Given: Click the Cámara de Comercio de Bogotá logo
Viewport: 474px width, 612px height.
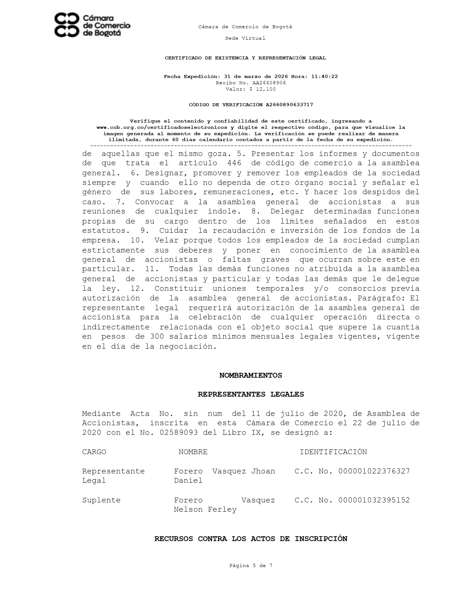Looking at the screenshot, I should coord(92,25).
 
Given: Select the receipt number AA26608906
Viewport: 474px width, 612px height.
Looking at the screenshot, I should coord(269,83).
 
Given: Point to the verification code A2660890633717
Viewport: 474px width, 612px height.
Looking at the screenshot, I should coord(289,105).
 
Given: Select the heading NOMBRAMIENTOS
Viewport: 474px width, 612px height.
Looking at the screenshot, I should coord(251,375).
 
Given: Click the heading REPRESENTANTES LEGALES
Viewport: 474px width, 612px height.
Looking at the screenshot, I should coord(251,394).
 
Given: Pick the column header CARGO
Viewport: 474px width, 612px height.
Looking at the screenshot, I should coord(94,452).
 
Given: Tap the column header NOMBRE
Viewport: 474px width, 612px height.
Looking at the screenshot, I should coord(193,452).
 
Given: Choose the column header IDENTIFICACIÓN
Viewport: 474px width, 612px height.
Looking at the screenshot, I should coord(333,452).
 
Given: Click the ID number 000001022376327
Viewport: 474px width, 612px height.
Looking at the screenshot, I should coord(374,471).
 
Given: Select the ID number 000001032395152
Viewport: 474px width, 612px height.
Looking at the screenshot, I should coord(374,500).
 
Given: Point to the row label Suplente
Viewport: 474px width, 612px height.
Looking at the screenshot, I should coord(101,500).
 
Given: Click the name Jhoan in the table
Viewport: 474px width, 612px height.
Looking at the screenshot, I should coord(263,471).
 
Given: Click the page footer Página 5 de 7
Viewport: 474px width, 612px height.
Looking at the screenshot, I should coord(251,566).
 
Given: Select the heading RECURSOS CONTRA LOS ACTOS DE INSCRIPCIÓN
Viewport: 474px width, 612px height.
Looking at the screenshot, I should coord(251,539).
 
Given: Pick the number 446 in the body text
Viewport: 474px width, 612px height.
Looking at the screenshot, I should coord(234,163).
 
